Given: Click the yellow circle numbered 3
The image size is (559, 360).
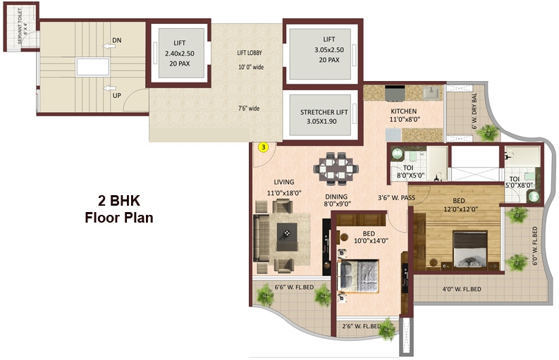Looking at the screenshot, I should coord(263,147).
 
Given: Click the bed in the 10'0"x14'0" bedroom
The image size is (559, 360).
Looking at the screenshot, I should coord(359,275).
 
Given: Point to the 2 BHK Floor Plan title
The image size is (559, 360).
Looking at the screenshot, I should coord(118,209).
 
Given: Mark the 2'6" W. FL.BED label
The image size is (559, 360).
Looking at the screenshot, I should coord(362,326).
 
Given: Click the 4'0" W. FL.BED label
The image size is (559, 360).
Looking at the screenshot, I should coord(462,290).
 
